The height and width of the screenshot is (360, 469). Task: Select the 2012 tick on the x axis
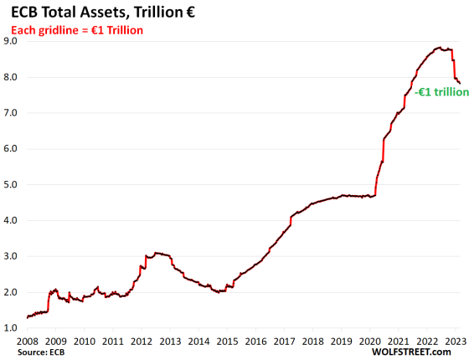coord(142,342)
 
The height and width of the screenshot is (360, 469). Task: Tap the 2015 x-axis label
coord(227,342)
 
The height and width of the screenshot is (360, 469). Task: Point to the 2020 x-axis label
coord(369,342)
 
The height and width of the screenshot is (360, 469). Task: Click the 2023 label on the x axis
coord(455,342)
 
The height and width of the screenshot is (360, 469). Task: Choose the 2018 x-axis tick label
coord(312,342)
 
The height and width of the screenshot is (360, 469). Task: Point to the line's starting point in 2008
coord(28,317)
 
